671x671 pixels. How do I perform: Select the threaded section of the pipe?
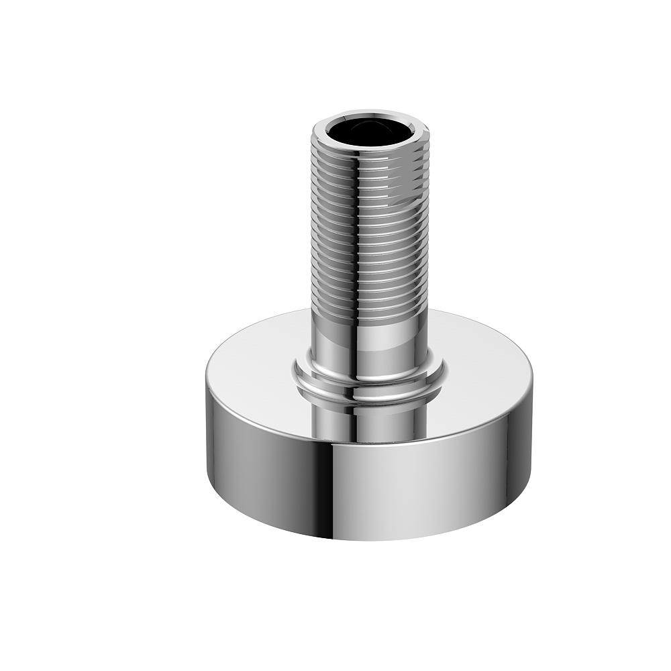(369, 221)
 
